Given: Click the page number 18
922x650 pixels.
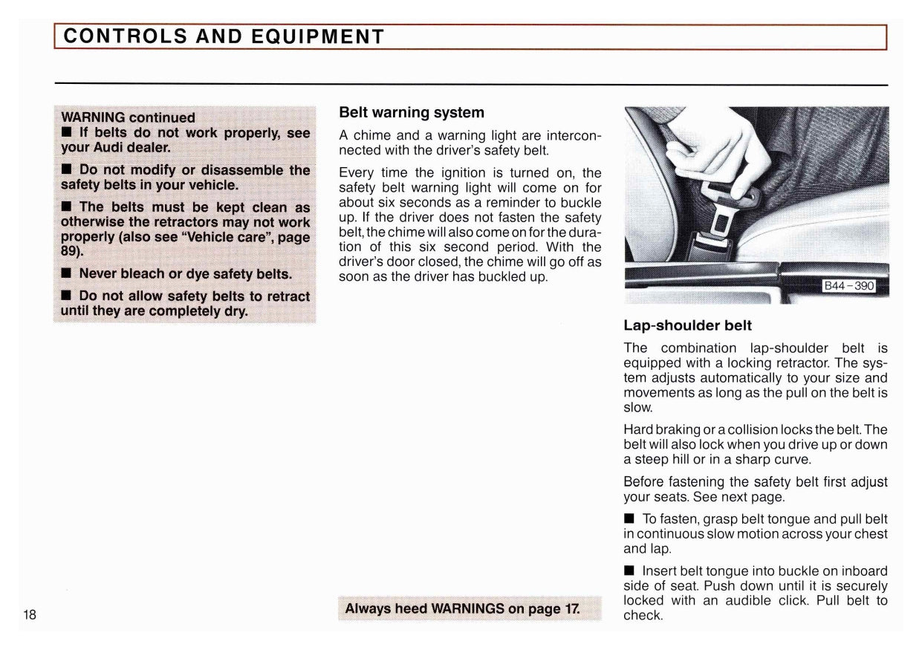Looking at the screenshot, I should coord(30,614).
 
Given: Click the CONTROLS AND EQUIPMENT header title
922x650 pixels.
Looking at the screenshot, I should coord(224,36).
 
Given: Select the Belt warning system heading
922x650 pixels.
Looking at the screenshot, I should coord(411,113).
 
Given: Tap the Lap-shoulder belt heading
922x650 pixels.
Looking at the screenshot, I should coord(687,325).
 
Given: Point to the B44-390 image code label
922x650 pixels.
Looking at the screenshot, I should coord(848,287).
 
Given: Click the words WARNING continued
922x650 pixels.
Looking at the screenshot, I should coord(128,117).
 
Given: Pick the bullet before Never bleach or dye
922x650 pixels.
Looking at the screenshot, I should coord(66,273).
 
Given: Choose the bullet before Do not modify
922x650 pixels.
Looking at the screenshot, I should coord(66,170).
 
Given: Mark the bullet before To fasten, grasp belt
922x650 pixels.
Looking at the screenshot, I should coord(629,520).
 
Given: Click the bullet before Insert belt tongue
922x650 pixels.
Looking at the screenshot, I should coord(629,571).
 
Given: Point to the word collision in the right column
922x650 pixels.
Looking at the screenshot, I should coord(763,429).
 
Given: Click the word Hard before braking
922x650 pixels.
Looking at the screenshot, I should coord(638,429).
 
